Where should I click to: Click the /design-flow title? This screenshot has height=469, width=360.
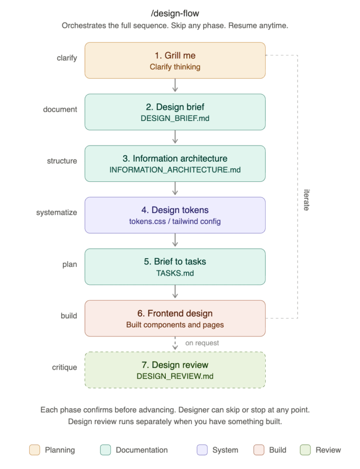[175, 13]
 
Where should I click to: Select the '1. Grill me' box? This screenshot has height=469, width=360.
[175, 60]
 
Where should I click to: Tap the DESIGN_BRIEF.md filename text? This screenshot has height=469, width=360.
[175, 119]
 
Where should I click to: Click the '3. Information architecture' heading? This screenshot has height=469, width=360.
[175, 158]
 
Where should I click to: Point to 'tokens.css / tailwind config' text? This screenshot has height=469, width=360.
[175, 221]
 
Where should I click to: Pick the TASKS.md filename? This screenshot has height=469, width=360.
[175, 273]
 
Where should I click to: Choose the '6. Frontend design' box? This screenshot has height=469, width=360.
[175, 318]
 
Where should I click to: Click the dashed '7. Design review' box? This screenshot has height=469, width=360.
[175, 370]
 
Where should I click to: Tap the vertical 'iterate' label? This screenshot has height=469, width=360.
[306, 200]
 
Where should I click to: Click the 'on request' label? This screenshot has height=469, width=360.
[202, 343]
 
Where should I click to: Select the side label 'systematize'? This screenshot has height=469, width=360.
[56, 213]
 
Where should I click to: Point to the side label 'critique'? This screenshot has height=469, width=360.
[65, 367]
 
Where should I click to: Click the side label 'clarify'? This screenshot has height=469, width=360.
[67, 58]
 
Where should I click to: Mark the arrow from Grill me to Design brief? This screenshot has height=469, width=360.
[175, 85]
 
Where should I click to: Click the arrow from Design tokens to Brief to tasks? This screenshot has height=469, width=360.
[175, 240]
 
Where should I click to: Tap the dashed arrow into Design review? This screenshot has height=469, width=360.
[175, 344]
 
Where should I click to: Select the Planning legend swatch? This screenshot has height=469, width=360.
[35, 450]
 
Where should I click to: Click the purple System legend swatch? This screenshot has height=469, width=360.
[202, 450]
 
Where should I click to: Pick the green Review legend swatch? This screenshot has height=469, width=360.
[305, 450]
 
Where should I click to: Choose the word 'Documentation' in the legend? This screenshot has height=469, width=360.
[142, 450]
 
